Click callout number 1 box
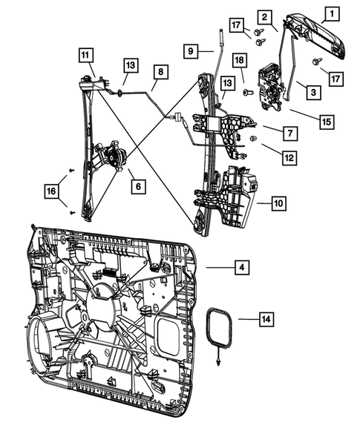(332, 13)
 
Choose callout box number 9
(192, 50)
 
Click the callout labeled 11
(86, 54)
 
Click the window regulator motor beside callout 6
(113, 156)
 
